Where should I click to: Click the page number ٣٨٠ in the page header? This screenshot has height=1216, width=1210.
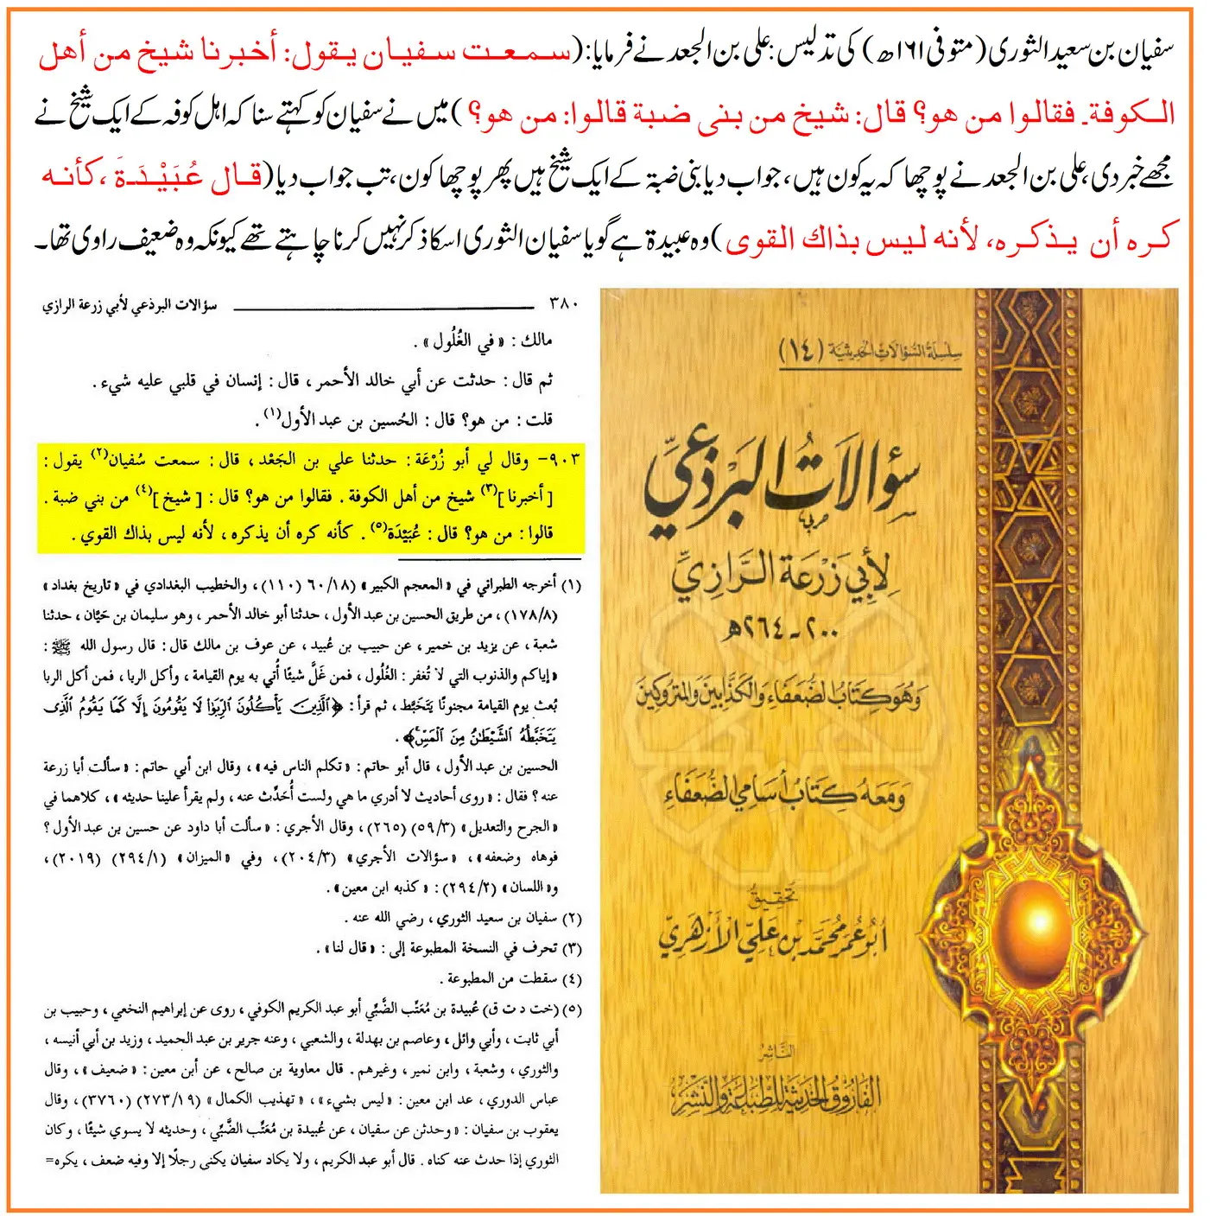pyautogui.click(x=562, y=303)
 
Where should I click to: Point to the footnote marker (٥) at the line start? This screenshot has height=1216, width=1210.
pyautogui.click(x=573, y=1009)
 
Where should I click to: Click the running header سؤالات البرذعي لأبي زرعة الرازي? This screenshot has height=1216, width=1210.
pyautogui.click(x=130, y=305)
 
